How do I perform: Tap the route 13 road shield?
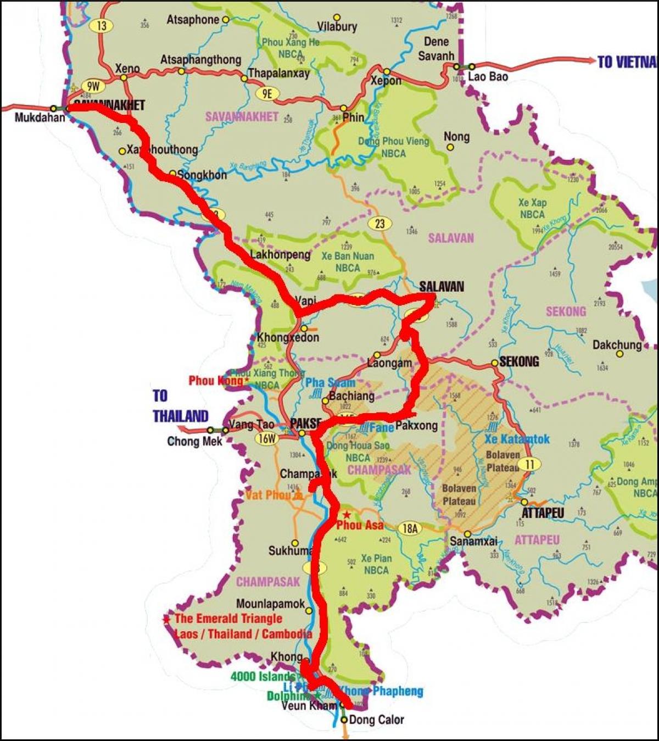click(102, 25)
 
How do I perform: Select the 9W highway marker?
click(93, 86)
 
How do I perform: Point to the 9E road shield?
click(267, 94)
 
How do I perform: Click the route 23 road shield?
click(379, 224)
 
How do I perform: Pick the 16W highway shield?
click(267, 438)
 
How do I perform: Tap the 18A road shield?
click(410, 528)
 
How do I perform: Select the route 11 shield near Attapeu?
click(529, 464)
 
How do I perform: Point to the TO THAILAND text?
click(180, 406)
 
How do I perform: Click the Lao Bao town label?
click(488, 77)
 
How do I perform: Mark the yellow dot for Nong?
click(450, 147)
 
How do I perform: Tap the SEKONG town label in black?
click(519, 361)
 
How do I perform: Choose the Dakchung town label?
click(617, 345)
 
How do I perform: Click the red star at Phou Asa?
click(347, 515)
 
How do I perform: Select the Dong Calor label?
click(376, 720)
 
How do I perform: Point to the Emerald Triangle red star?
click(166, 619)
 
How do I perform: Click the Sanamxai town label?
click(473, 541)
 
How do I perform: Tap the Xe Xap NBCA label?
click(532, 209)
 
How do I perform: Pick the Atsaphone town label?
click(193, 20)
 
